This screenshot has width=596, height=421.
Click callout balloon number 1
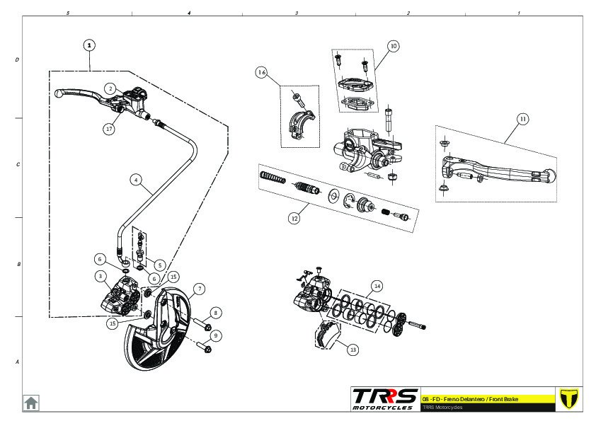pyautogui.click(x=88, y=45)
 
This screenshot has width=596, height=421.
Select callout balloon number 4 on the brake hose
pyautogui.click(x=135, y=180)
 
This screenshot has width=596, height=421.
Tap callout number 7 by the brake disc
pyautogui.click(x=200, y=289)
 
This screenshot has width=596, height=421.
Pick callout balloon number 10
pyautogui.click(x=394, y=46)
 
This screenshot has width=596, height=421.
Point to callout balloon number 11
pyautogui.click(x=522, y=119)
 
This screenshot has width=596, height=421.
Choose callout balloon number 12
pyautogui.click(x=294, y=218)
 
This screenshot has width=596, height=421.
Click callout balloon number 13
pyautogui.click(x=353, y=347)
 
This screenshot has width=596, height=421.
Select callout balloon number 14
pyautogui.click(x=377, y=286)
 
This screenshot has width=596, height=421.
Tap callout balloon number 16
pyautogui.click(x=262, y=73)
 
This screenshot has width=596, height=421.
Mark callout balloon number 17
pyautogui.click(x=109, y=129)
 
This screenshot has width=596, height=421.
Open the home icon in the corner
pyautogui.click(x=31, y=403)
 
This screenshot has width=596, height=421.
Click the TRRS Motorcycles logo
pyautogui.click(x=385, y=398)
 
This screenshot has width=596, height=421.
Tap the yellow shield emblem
pyautogui.click(x=568, y=398)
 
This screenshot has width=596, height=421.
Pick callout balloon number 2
pyautogui.click(x=110, y=88)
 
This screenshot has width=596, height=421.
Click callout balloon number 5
pyautogui.click(x=160, y=265)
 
